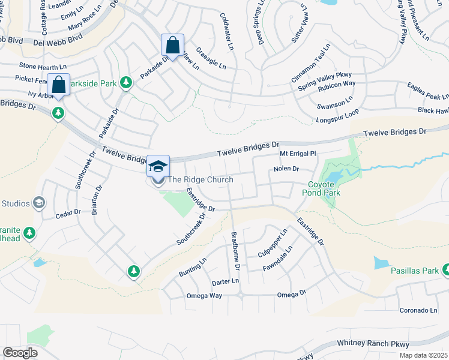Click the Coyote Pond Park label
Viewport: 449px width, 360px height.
(x=324, y=188)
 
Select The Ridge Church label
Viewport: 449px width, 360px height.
(x=200, y=179)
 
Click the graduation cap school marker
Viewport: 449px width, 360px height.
(x=158, y=166)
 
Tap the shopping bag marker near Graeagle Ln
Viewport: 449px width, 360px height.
(x=172, y=45)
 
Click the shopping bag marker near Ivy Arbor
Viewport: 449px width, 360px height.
(x=59, y=85)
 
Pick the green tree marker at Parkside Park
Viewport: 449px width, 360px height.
(x=126, y=83)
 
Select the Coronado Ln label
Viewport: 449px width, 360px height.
(x=419, y=310)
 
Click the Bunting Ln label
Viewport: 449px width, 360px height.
(x=193, y=268)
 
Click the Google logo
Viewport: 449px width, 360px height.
(x=20, y=353)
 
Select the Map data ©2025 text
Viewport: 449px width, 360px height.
(x=423, y=355)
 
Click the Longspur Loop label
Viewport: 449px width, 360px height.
(x=337, y=119)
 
